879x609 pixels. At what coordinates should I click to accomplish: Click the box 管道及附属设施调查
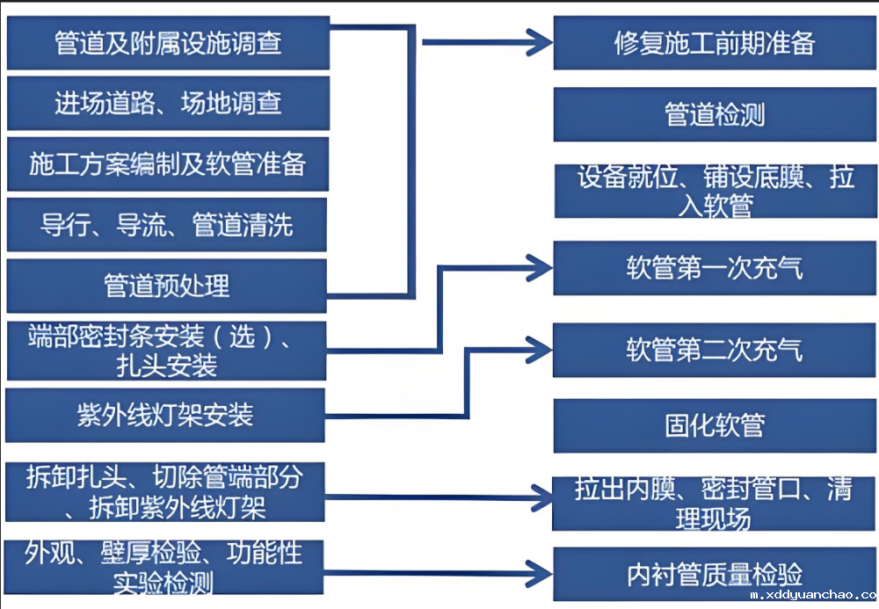(167, 43)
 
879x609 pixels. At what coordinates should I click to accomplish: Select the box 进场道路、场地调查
(167, 103)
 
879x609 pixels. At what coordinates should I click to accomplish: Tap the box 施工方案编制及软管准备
(167, 163)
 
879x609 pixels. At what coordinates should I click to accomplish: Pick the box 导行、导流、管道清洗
(167, 225)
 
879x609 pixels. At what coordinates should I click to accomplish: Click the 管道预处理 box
(167, 286)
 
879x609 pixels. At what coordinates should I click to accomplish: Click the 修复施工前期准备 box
(714, 43)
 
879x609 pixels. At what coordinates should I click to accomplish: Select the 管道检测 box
(714, 114)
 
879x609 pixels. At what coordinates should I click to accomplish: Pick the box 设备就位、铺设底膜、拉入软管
(714, 191)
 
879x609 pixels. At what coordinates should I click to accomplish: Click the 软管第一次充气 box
(714, 268)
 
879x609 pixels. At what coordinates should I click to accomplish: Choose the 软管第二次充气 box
(714, 350)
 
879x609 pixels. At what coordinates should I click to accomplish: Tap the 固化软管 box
(714, 426)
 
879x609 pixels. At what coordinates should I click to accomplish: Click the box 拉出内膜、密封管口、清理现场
(714, 504)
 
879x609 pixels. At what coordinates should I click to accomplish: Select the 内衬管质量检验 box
(714, 574)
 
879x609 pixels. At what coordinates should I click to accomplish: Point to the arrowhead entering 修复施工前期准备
(539, 40)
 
